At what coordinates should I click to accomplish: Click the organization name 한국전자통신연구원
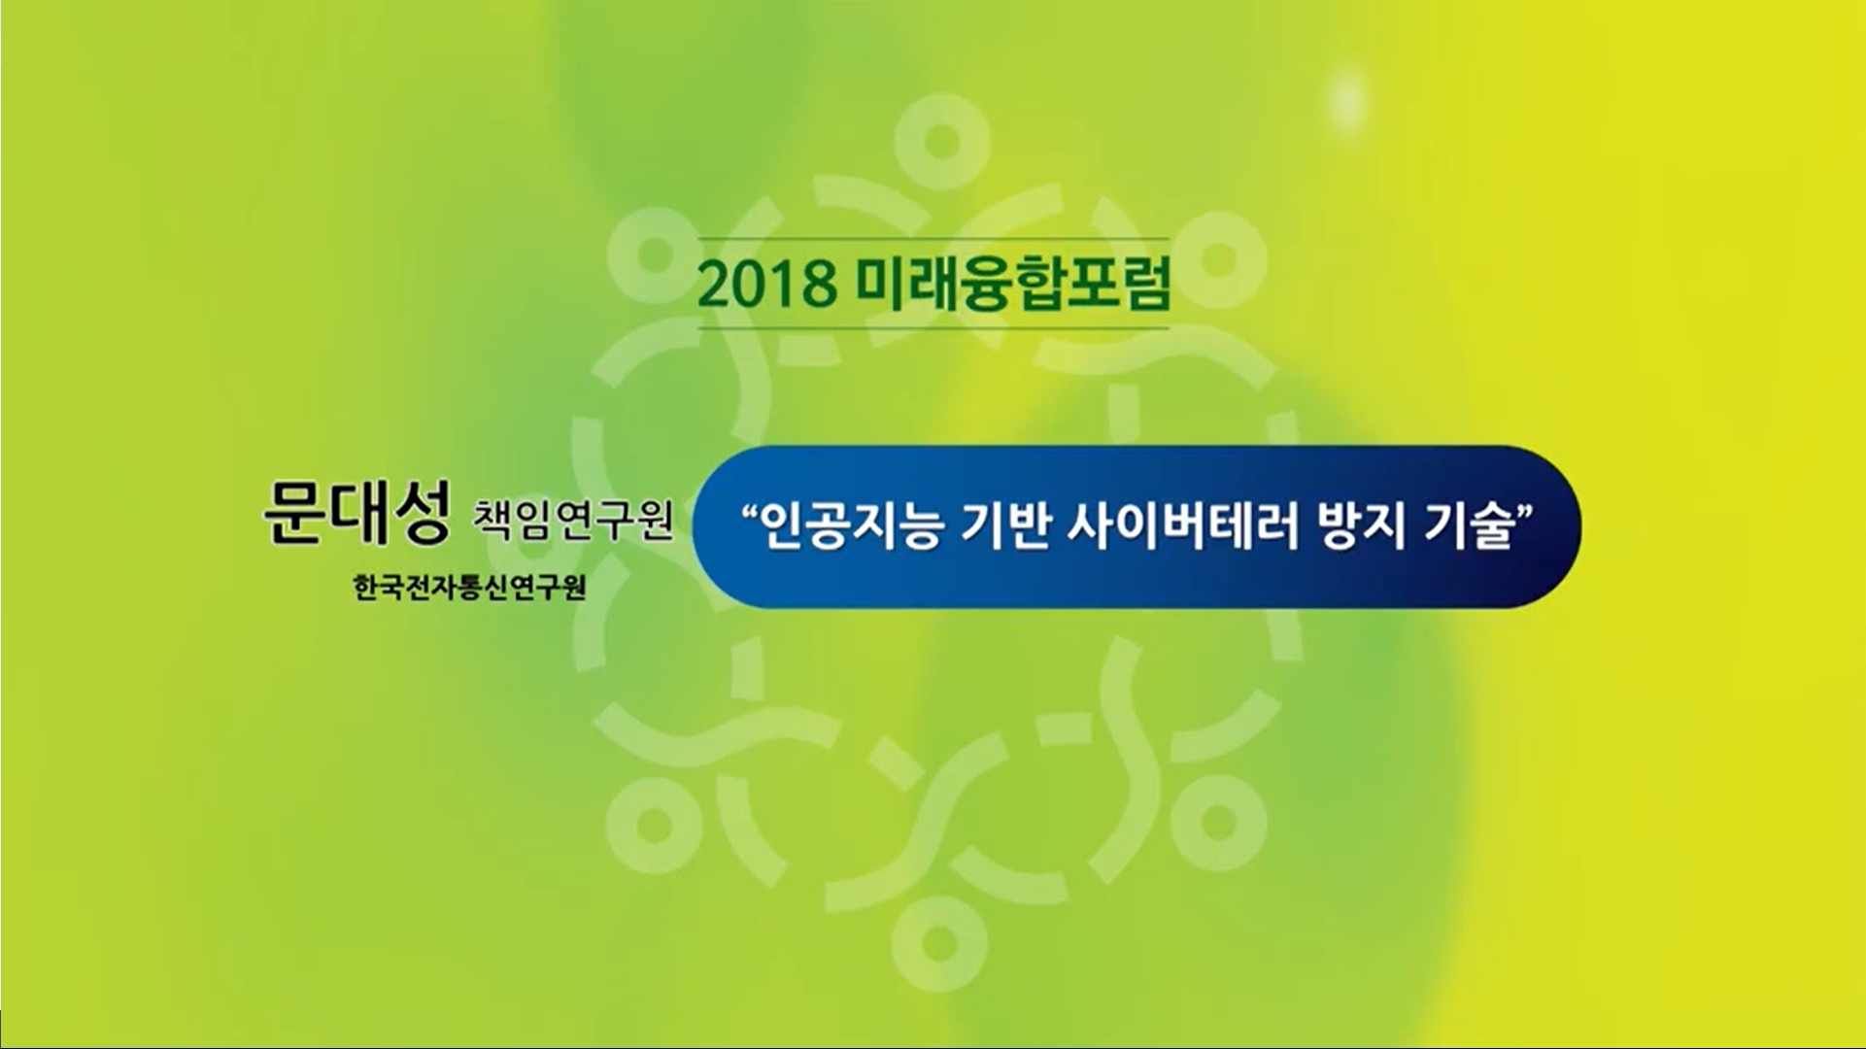470,589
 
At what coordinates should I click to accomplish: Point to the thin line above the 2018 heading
933,239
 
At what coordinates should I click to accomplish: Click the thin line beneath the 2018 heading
933,328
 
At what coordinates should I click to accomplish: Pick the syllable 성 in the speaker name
420,514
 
